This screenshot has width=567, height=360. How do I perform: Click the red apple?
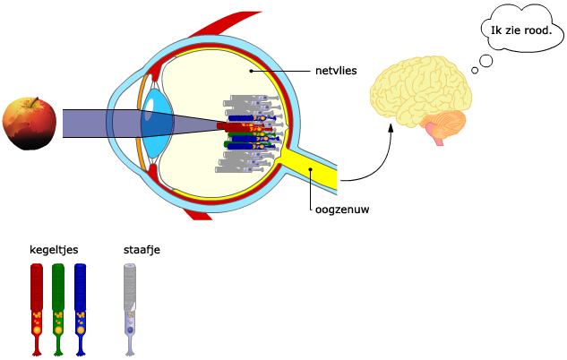tap(31, 125)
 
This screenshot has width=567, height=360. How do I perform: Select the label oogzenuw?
tap(341, 210)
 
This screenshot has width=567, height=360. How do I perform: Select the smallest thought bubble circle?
tap(474, 70)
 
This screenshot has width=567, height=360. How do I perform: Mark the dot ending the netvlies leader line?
tap(252, 69)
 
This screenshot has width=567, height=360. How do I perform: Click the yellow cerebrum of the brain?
tap(421, 85)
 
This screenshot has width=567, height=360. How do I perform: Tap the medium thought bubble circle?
tap(486, 61)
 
